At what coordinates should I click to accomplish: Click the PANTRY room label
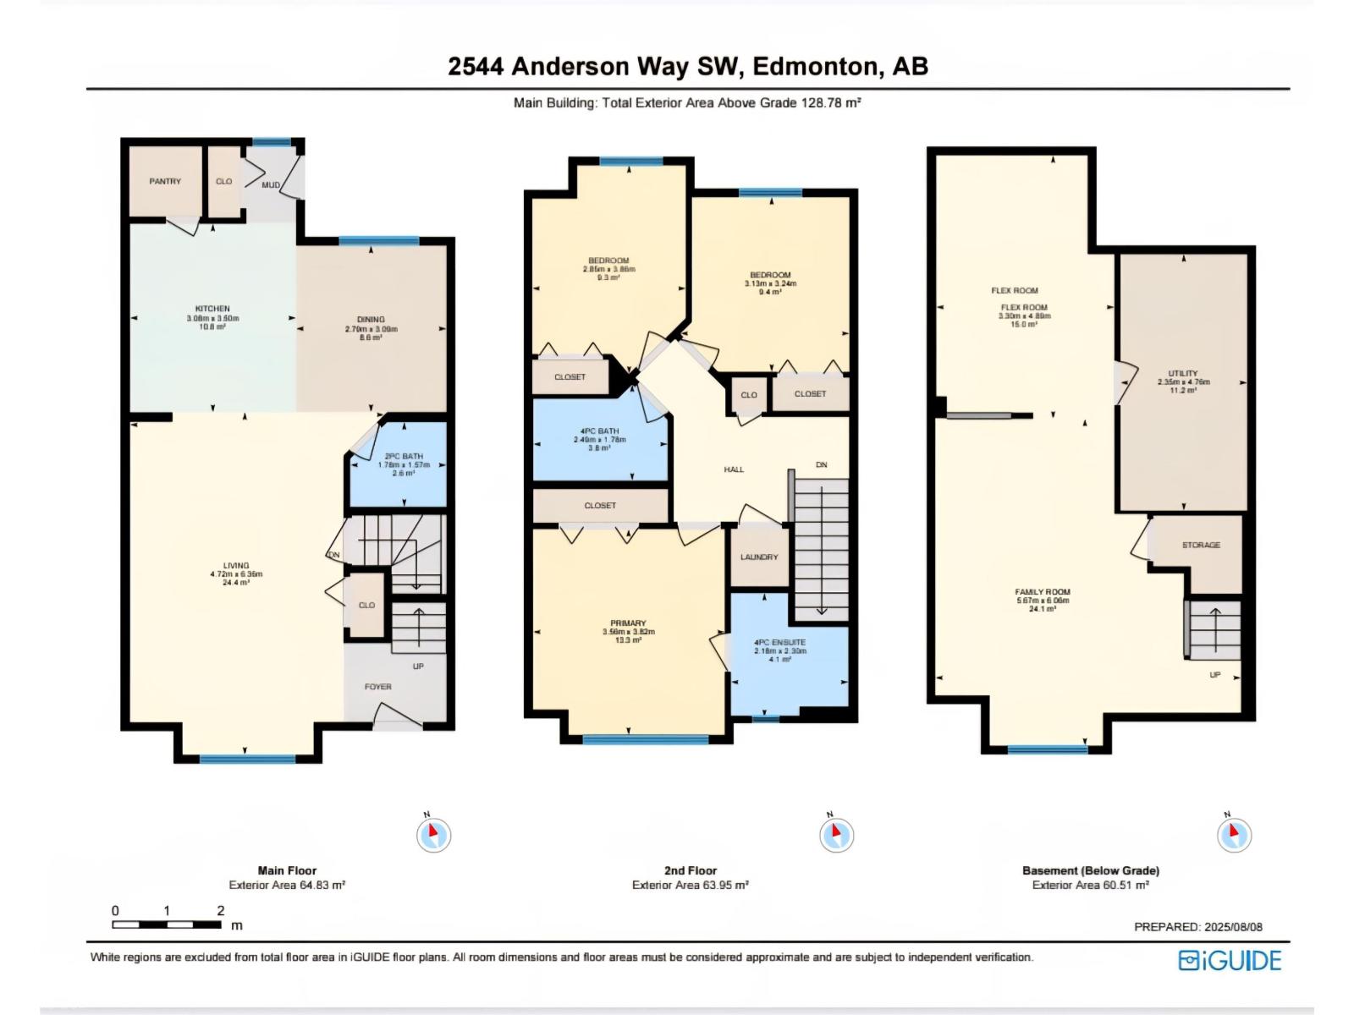[x=165, y=181]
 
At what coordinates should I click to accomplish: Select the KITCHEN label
[x=212, y=310]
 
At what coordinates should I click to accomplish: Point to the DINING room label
[x=371, y=321]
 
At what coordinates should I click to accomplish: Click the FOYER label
[x=377, y=687]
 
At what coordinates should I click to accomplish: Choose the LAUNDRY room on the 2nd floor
[x=759, y=557]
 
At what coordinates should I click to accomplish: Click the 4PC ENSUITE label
[x=779, y=643]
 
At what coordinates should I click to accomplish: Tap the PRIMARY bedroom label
[x=628, y=623]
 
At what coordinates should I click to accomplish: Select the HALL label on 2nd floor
[x=734, y=469]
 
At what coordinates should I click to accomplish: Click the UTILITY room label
[x=1182, y=373]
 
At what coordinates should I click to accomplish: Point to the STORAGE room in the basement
[x=1201, y=546]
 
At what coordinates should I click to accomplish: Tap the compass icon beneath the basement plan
[x=1234, y=834]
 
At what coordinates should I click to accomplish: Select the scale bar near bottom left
[x=168, y=924]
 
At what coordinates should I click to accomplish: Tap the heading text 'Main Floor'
[x=287, y=870]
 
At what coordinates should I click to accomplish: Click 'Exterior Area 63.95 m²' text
[x=690, y=886]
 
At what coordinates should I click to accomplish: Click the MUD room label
[x=271, y=185]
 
